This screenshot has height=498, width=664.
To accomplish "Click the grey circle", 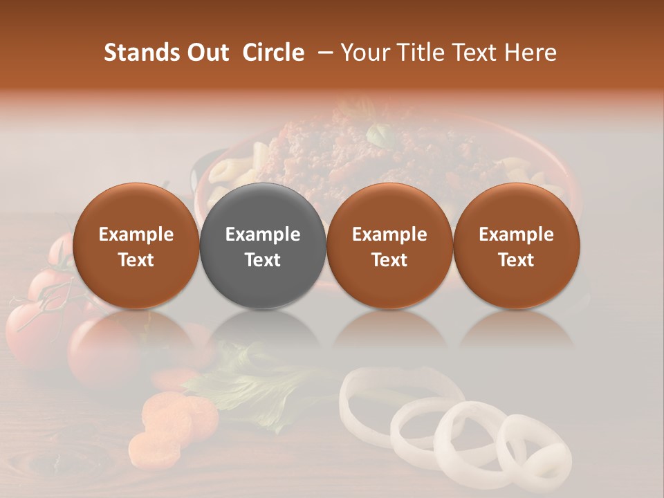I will [x=262, y=246].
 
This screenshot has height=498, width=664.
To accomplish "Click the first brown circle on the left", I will [x=136, y=246].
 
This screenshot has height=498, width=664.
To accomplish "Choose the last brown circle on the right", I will [x=516, y=246].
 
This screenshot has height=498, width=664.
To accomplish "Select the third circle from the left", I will [x=389, y=246].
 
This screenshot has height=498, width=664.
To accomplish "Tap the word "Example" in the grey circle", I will [x=262, y=234].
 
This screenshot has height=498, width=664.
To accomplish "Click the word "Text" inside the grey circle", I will [x=262, y=260].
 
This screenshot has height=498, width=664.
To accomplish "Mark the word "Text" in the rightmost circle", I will [x=516, y=260].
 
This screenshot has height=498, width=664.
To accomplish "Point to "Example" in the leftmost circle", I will [x=136, y=234].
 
